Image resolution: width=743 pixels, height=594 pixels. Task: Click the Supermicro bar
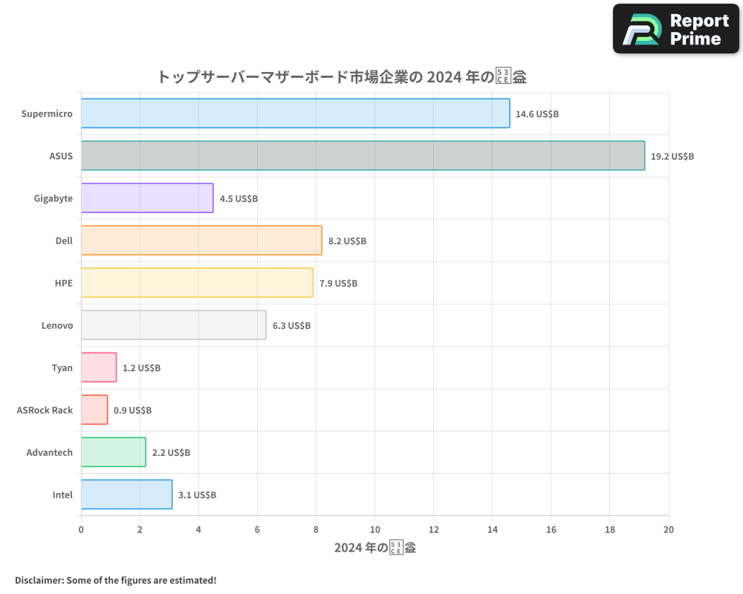[x=295, y=114]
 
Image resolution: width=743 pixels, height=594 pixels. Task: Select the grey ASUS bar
[x=363, y=156]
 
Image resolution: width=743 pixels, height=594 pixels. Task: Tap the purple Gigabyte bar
[x=147, y=198]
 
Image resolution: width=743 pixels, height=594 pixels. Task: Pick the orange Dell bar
[x=201, y=241]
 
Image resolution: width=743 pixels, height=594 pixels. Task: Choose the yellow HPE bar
[x=197, y=283]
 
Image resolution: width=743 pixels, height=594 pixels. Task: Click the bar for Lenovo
[x=173, y=325]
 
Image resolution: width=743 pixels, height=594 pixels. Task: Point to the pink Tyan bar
[x=99, y=368]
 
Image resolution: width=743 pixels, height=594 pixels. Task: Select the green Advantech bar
[x=113, y=452]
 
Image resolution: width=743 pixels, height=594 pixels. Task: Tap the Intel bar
[x=126, y=495]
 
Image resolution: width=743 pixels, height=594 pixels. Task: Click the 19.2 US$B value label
[x=672, y=157]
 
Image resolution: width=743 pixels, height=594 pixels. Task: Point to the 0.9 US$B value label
[x=132, y=410]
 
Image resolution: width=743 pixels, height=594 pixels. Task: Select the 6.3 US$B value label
[x=291, y=325]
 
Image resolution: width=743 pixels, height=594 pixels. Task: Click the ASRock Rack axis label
[x=45, y=410]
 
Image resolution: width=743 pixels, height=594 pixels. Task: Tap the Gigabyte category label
[x=53, y=198]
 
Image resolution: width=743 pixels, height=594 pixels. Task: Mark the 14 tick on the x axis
[x=492, y=529]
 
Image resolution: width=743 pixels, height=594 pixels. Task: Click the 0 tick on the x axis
[x=81, y=529]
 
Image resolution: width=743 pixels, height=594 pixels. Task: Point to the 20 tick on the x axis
[x=668, y=529]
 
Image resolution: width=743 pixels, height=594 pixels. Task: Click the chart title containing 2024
[x=342, y=76]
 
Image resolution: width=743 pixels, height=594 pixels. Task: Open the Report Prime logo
[x=676, y=29]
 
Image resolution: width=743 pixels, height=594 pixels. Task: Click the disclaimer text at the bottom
[x=115, y=580]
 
